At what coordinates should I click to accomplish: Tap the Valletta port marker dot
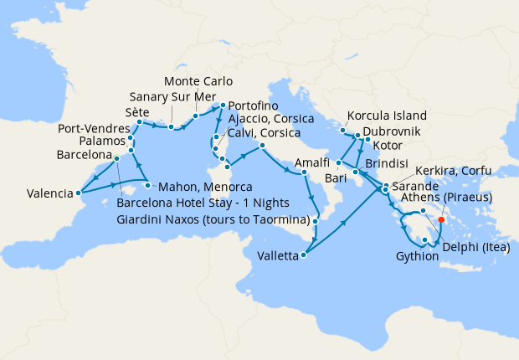click(303, 256)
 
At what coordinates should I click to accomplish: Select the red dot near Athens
click(440, 222)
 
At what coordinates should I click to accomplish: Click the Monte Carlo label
click(198, 81)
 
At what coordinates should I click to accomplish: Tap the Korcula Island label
click(387, 116)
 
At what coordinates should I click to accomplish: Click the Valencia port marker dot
click(80, 193)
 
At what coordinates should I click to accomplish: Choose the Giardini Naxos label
click(213, 220)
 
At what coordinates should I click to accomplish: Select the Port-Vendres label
click(93, 129)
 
